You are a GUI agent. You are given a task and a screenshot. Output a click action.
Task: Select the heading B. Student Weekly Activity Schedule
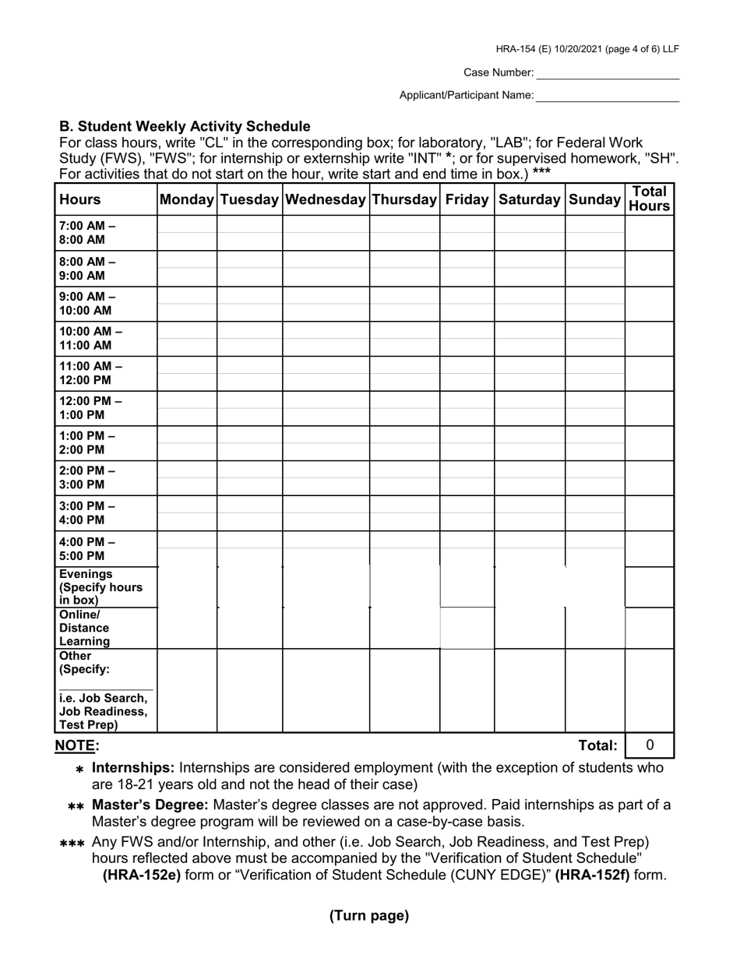click(x=185, y=126)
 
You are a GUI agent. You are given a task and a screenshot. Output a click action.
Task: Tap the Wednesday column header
click(x=326, y=199)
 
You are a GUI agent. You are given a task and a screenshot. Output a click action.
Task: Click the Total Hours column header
click(x=649, y=199)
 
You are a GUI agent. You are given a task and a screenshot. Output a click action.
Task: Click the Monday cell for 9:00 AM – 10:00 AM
click(x=187, y=304)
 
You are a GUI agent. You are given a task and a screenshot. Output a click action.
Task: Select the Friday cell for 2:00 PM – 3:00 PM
click(x=467, y=478)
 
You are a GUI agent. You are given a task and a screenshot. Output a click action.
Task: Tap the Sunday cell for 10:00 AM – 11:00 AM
click(x=594, y=339)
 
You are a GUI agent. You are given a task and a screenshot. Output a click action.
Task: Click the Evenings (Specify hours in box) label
click(x=100, y=587)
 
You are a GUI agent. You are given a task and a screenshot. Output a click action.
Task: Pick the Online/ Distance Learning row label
click(x=85, y=628)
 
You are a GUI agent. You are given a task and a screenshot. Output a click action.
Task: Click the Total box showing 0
click(x=650, y=745)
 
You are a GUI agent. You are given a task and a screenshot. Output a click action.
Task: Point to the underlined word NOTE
click(x=76, y=746)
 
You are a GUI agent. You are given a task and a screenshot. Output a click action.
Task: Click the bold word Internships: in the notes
click(x=133, y=768)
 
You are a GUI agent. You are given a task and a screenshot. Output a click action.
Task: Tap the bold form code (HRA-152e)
click(x=142, y=875)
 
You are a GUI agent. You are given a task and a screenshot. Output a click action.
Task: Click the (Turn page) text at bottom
click(x=369, y=916)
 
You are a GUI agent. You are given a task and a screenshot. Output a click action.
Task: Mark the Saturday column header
click(x=529, y=199)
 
